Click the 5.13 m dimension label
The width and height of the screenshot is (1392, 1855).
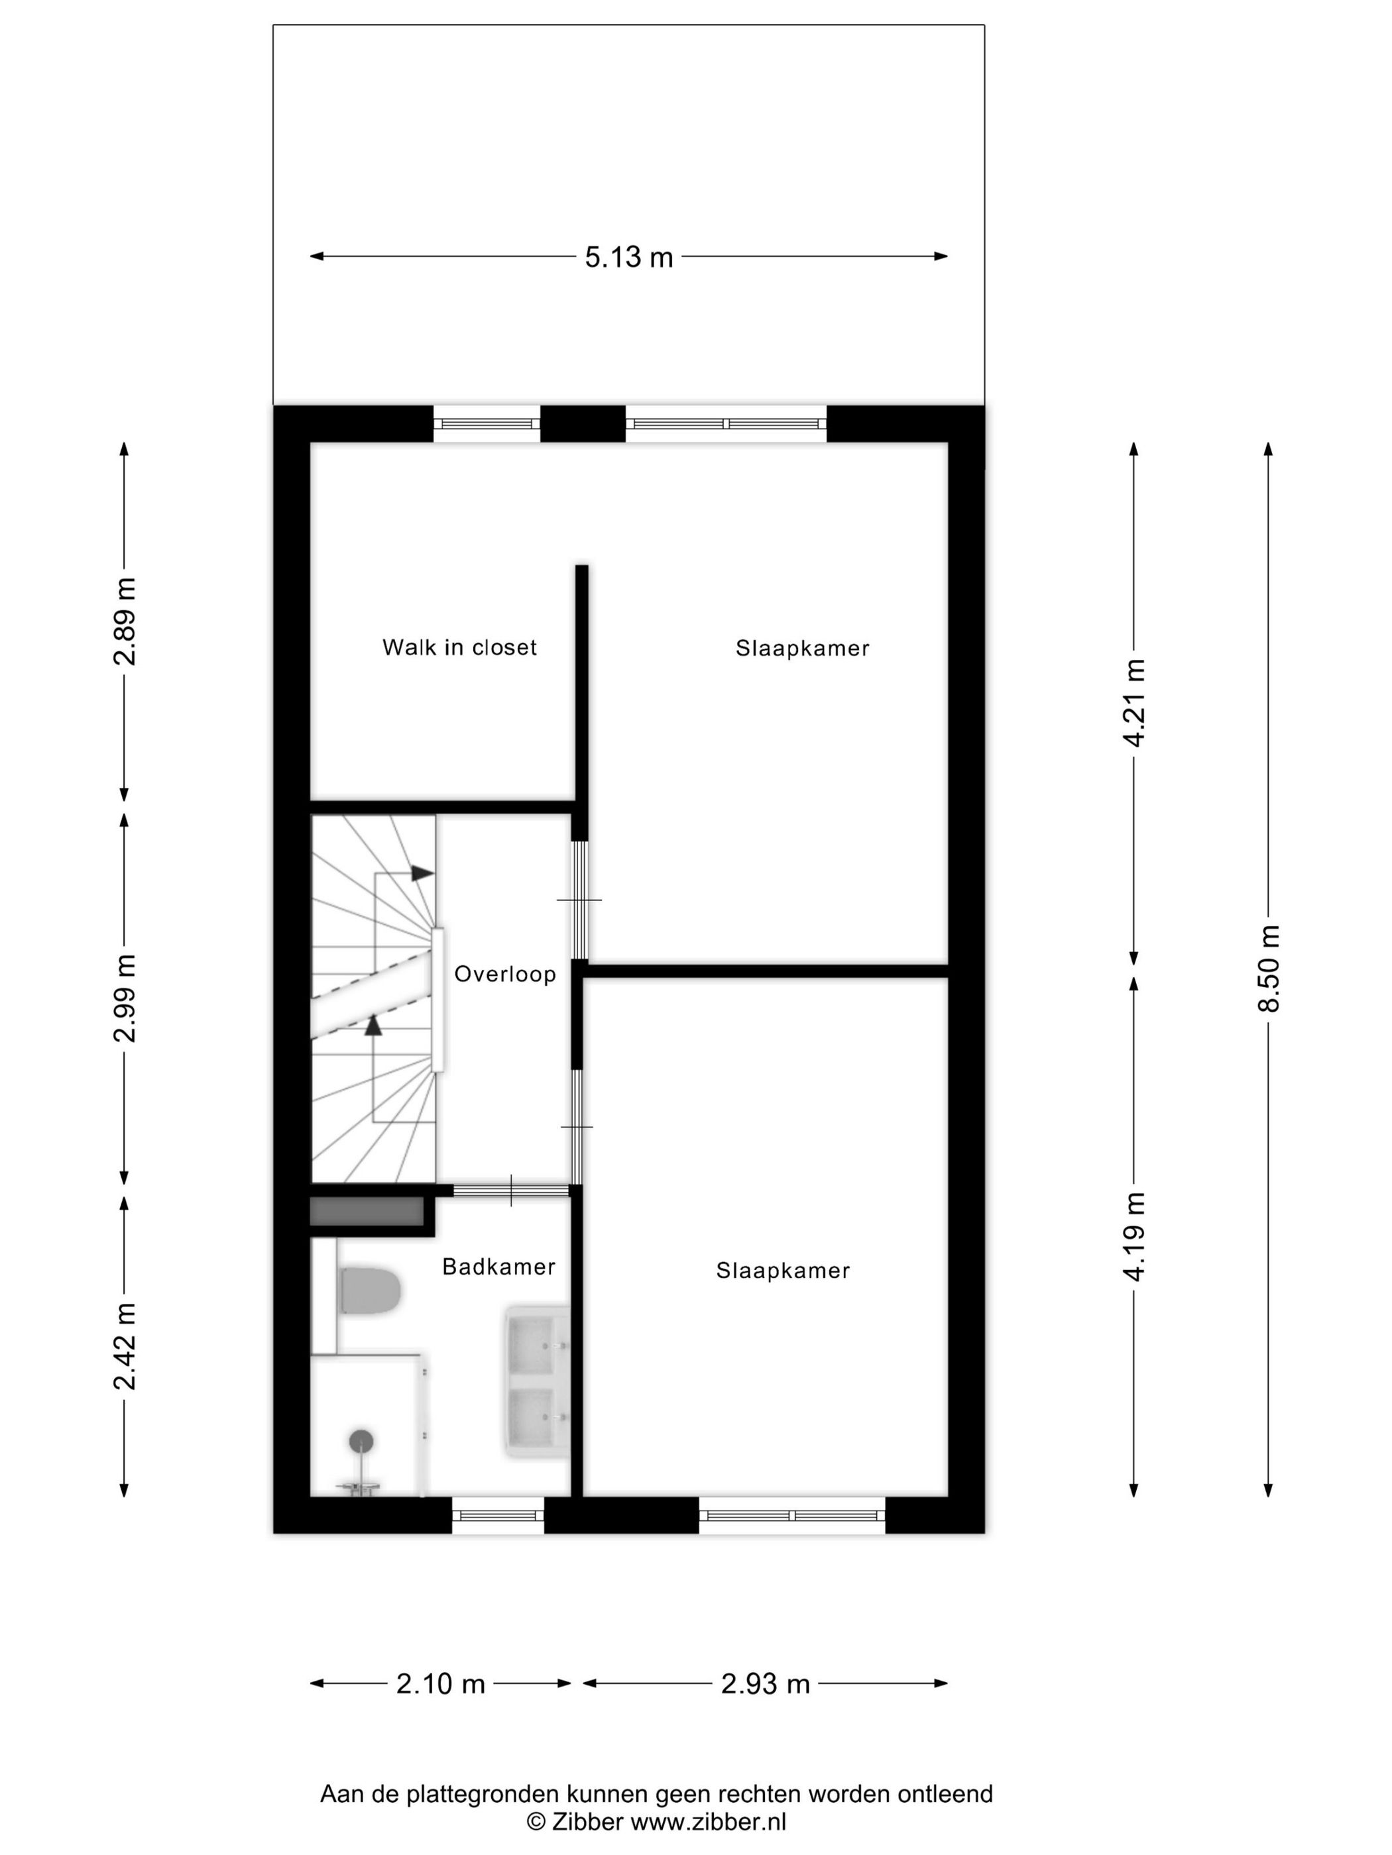pos(628,256)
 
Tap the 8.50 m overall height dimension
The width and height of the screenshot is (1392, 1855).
pos(1269,969)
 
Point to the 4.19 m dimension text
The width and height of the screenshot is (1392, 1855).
pos(1134,1237)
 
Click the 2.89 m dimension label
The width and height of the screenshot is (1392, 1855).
pos(124,621)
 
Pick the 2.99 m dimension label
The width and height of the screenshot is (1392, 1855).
pos(124,998)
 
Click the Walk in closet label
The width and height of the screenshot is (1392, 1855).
pos(459,647)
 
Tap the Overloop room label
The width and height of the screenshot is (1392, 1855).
pos(505,975)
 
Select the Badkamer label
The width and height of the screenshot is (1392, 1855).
pos(498,1266)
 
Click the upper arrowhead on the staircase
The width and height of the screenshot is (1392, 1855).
pos(422,873)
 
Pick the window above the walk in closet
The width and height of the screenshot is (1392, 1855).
pos(487,423)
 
